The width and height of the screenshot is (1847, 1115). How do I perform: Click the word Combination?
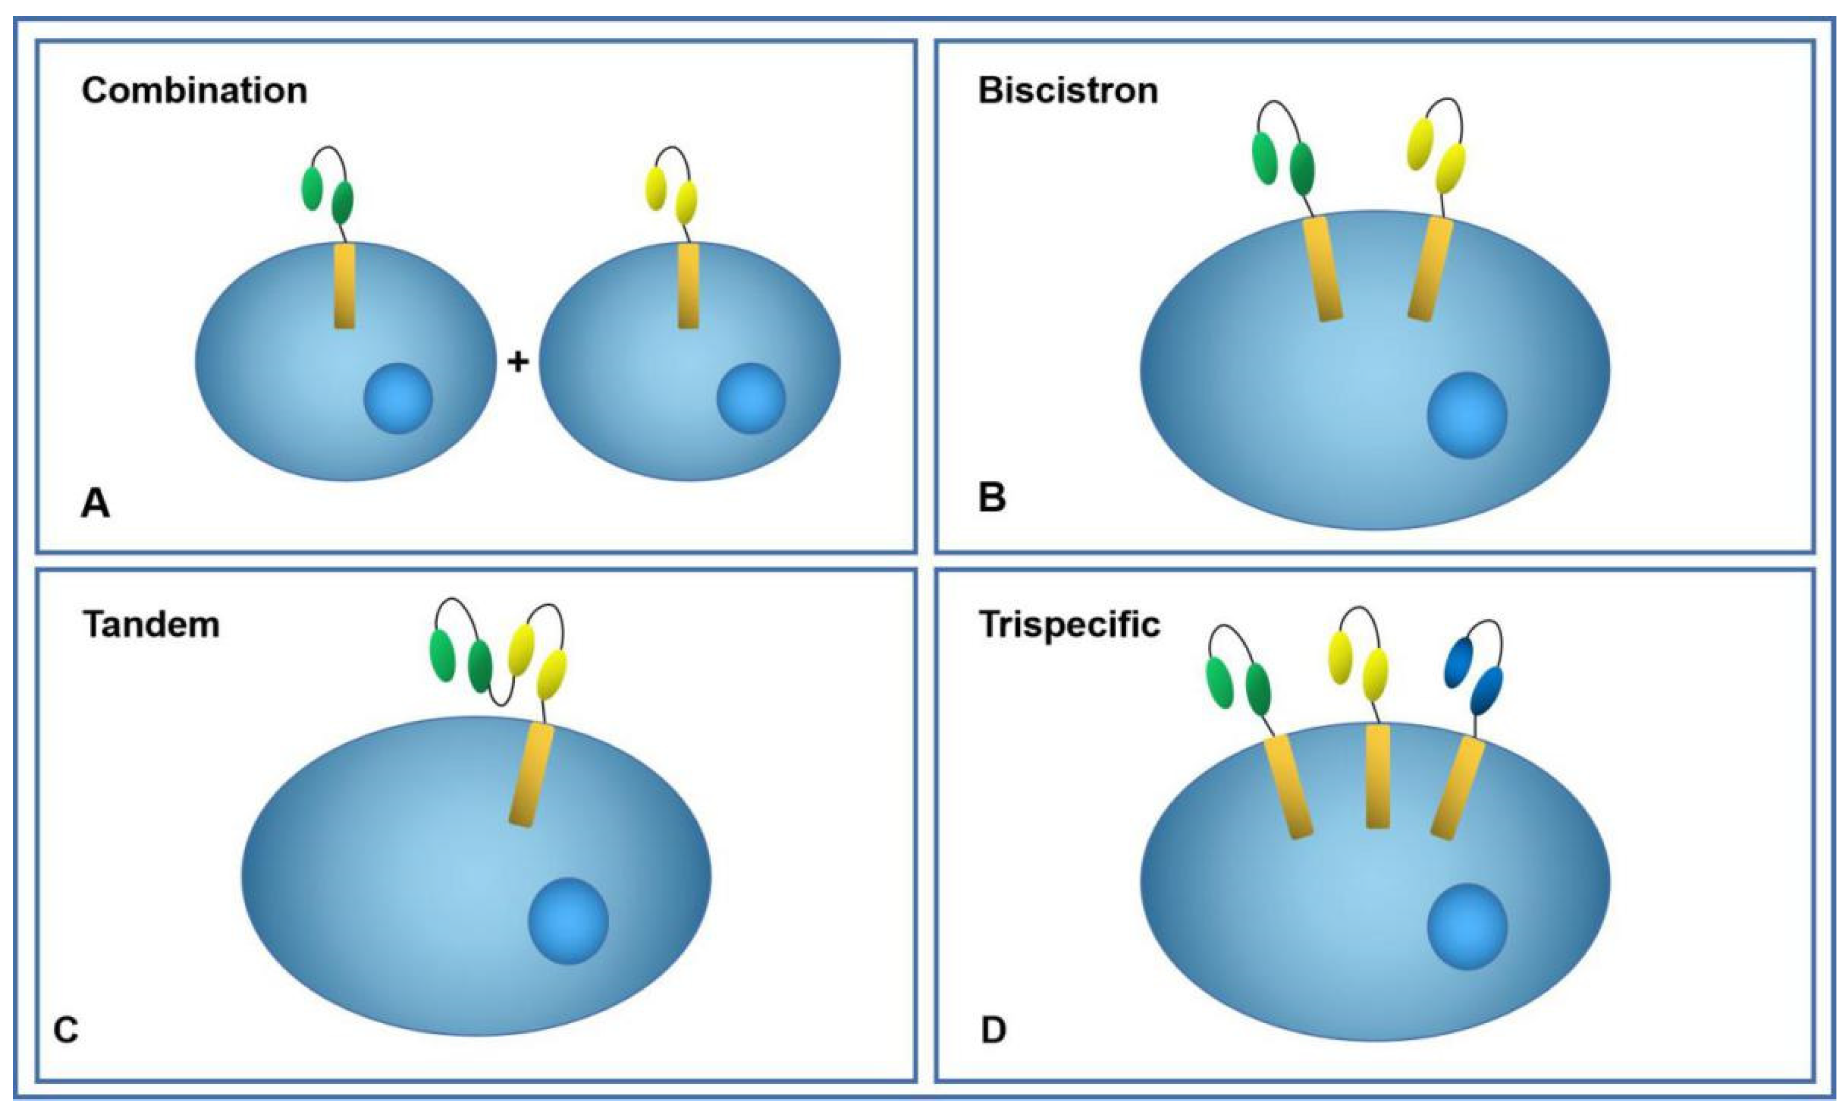[194, 91]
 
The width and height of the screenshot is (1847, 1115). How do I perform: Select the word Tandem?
[151, 624]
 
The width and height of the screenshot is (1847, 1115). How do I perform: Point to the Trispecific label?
[1069, 624]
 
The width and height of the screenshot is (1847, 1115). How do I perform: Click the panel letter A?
[95, 503]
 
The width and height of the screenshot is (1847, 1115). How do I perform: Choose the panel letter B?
[992, 496]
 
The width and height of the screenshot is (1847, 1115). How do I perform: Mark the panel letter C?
[66, 1030]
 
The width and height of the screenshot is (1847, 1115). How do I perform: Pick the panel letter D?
[993, 1030]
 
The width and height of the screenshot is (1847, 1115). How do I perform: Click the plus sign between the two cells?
[518, 362]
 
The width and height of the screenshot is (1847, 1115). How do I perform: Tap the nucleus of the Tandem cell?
[568, 921]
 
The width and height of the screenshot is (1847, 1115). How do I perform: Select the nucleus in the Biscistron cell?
[1466, 415]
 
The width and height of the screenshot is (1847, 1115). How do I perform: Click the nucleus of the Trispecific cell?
[1466, 927]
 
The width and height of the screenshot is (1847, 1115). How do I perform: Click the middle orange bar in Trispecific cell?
[1378, 776]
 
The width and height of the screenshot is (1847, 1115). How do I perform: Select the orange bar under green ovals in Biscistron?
[1323, 269]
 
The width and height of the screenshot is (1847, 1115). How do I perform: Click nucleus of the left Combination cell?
[398, 398]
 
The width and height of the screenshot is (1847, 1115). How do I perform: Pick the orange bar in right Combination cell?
[688, 285]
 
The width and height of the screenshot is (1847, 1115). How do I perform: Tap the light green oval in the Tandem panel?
[442, 655]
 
